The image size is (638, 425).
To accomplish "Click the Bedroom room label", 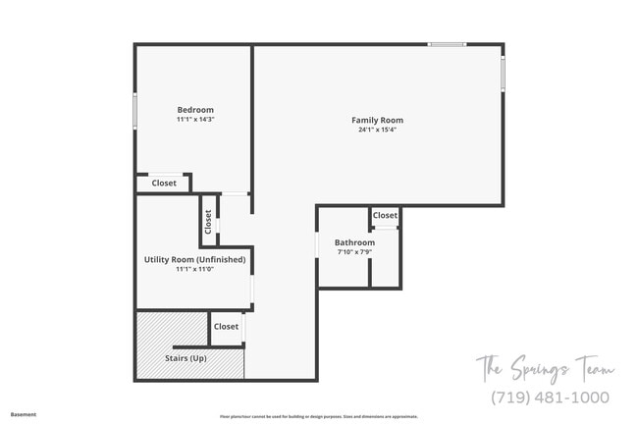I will pos(194,110).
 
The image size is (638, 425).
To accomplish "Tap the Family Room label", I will pos(377,121).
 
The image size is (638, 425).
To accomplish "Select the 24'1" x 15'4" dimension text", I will pos(377,130).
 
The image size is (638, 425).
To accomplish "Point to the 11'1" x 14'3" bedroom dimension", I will pos(194,119).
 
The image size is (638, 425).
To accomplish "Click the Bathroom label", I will pos(354,242).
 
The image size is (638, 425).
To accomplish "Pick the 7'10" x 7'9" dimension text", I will pos(354,251).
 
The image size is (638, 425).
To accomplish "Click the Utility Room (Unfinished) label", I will pos(194,260).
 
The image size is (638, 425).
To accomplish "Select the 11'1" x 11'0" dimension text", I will pos(194,269).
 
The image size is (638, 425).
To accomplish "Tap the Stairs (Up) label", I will pos(186,358).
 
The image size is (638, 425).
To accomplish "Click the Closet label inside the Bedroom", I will pos(164,183).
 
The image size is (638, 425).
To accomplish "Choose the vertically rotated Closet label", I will pos(208,221).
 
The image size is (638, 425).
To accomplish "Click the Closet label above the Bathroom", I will pos(385,215).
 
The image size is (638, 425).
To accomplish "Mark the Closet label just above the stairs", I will pos(226,326).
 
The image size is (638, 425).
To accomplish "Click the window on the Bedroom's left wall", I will pos(135,109).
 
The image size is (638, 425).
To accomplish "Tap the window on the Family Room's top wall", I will pos(447,44).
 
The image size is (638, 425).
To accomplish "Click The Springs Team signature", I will pos(546,370).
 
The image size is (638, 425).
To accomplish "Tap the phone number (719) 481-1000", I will pos(550,398).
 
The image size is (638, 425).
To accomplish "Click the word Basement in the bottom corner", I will pos(24,414).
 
